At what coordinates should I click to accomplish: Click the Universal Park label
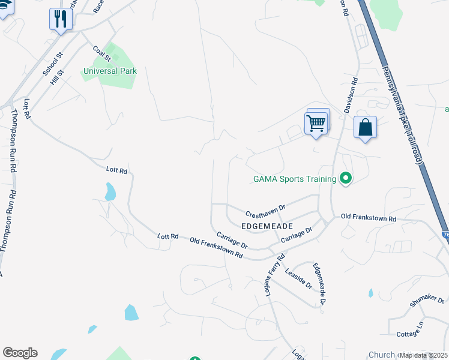(110, 71)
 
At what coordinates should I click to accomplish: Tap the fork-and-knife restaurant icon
(61, 19)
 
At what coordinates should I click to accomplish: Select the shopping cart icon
(316, 123)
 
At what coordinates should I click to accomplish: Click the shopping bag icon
(365, 127)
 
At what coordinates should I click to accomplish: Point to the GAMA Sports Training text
(295, 179)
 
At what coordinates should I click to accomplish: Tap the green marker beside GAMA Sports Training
(345, 179)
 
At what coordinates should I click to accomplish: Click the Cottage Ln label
(411, 329)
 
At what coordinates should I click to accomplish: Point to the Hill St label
(57, 77)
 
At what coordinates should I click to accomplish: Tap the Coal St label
(101, 53)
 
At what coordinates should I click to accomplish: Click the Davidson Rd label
(351, 95)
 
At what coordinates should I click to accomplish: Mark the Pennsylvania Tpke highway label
(403, 114)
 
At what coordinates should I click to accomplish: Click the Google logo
(20, 353)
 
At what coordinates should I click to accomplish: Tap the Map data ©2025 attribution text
(423, 355)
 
